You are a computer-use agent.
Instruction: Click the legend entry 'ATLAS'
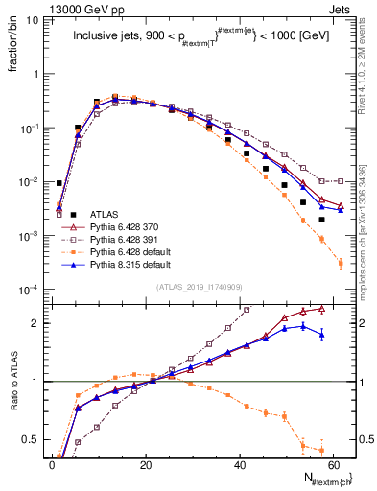[x=106, y=214]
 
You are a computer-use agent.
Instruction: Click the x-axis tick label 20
[x=146, y=463]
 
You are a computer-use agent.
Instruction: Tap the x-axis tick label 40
[x=240, y=463]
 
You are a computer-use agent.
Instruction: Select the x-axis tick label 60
[x=333, y=463]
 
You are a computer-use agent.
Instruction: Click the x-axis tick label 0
[x=53, y=463]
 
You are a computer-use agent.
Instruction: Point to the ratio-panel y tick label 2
[x=36, y=323]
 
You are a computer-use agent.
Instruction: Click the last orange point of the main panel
[x=341, y=263]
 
